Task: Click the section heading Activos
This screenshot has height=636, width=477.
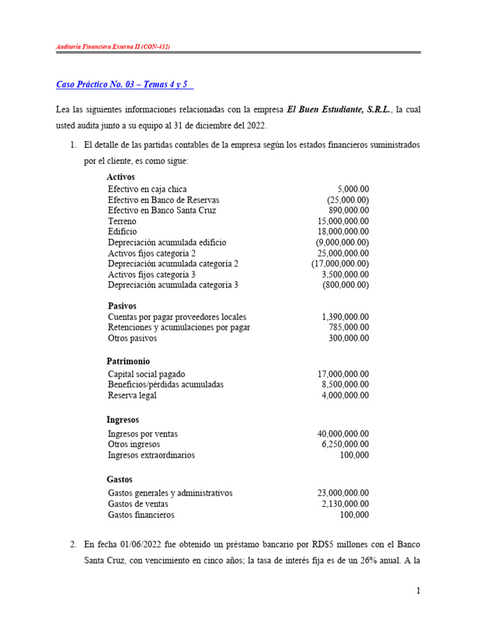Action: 120,177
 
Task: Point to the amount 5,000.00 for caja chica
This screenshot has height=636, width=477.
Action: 353,189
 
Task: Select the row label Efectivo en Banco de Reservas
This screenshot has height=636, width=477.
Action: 163,200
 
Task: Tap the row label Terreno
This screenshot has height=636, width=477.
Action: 122,221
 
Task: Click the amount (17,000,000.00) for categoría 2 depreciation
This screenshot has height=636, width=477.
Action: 340,263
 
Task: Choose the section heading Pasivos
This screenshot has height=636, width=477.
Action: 122,306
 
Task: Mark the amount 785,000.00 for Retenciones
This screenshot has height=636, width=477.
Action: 348,327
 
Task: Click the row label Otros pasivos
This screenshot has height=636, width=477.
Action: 132,338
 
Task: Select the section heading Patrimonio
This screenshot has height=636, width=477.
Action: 128,361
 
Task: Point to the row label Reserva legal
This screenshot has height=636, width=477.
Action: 132,395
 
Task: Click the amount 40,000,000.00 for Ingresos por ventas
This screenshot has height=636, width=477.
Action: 343,434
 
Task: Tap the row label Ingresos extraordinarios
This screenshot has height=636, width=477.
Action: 151,455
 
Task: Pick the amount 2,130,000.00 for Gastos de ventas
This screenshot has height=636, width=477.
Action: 345,504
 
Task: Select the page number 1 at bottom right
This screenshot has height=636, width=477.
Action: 419,592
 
